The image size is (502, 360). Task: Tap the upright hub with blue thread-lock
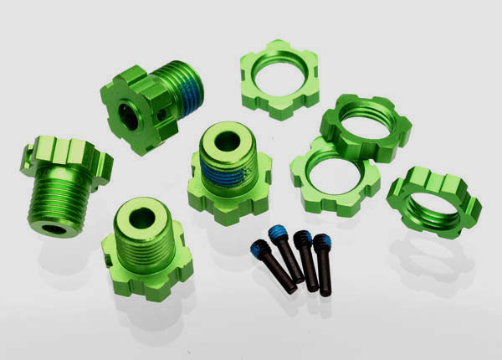(228, 172)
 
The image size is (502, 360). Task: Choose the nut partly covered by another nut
(333, 174)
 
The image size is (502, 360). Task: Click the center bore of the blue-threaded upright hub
(227, 141)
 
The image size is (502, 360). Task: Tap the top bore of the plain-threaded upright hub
(142, 218)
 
